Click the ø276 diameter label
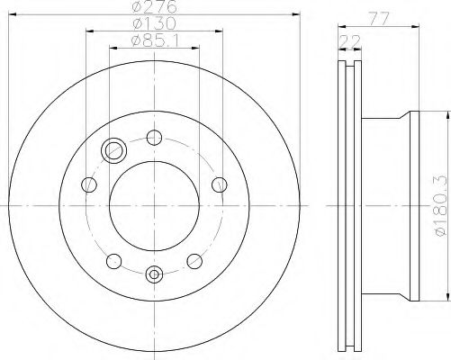click(154, 6)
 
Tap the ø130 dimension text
click(154, 23)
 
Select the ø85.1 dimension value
click(155, 40)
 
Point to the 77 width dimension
click(379, 19)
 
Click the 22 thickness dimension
click(349, 41)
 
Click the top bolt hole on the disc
click(154, 138)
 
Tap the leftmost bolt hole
click(89, 184)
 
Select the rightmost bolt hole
click(220, 184)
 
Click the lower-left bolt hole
click(114, 261)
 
